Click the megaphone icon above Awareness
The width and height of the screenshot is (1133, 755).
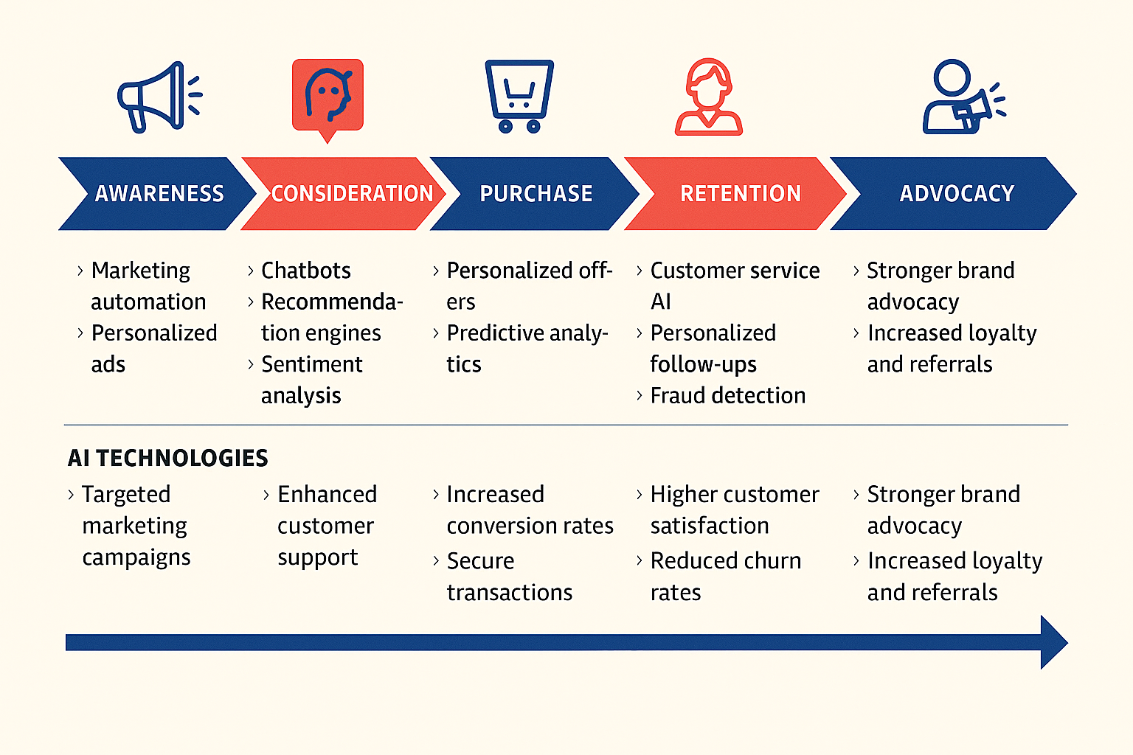tap(159, 97)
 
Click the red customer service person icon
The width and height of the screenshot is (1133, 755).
tap(708, 97)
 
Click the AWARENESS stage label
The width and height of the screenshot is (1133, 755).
tap(159, 194)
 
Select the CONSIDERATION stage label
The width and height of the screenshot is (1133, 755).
tap(352, 194)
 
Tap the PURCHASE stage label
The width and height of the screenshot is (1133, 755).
tap(536, 194)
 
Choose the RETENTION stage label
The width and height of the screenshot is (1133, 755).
tap(740, 194)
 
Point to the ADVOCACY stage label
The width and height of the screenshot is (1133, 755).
tap(957, 194)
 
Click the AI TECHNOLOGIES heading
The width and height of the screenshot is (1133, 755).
tap(168, 458)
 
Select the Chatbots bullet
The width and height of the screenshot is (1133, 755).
tap(305, 271)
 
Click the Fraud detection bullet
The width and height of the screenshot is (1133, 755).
tap(727, 396)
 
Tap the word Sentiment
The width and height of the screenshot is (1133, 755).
tap(311, 364)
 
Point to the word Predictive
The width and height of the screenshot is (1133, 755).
tap(496, 333)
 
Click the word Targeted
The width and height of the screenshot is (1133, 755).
tap(126, 494)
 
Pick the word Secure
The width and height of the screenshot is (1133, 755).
tap(480, 561)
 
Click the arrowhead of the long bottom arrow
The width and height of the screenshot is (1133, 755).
tap(1053, 642)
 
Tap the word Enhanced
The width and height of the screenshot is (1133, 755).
tap(327, 494)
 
